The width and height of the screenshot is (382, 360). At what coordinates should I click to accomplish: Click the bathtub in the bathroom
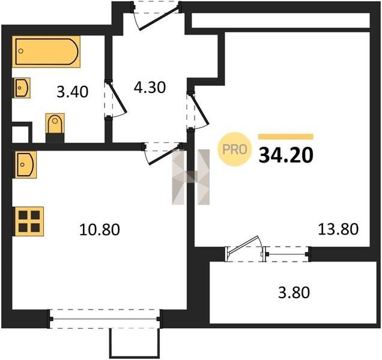(x=46, y=52)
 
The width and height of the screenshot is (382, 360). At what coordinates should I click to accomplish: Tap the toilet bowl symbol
(x=55, y=124)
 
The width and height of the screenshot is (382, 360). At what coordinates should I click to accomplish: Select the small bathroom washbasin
(x=22, y=88)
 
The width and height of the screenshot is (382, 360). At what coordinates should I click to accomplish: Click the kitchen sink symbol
(x=25, y=164)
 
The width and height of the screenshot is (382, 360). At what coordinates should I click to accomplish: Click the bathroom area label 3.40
(x=72, y=92)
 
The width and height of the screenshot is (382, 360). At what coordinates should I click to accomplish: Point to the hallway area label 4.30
(x=150, y=88)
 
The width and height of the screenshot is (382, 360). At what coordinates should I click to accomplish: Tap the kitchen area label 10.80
(x=99, y=230)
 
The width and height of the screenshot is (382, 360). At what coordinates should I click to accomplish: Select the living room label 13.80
(x=338, y=229)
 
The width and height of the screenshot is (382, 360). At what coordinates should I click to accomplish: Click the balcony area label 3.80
(x=294, y=292)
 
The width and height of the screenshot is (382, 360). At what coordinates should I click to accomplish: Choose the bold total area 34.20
(x=286, y=155)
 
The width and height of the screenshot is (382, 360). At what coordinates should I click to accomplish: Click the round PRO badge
(x=234, y=149)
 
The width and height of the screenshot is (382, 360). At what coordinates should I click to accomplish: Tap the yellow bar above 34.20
(x=286, y=137)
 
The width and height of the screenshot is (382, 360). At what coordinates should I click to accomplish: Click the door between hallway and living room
(x=200, y=110)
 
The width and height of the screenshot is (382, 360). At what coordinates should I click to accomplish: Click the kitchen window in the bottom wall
(x=105, y=319)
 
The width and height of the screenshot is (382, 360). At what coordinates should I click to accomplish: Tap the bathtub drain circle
(x=21, y=51)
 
